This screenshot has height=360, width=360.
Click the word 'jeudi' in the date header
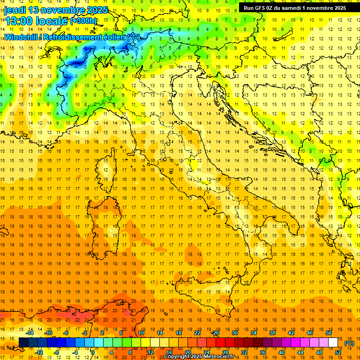pos(15,10)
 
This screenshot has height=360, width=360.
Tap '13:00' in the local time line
pos(19,21)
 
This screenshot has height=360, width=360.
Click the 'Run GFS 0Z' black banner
pos(294,7)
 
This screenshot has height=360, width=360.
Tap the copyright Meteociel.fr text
pos(199,356)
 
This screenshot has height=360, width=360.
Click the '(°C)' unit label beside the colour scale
pos(349,343)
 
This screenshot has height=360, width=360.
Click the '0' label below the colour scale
pos(93,352)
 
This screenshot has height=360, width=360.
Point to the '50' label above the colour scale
pos(329,333)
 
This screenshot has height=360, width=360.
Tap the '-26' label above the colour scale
pos(216,333)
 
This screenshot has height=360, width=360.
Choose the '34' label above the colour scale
pos(254,333)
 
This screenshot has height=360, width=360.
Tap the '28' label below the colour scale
pos(225,352)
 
